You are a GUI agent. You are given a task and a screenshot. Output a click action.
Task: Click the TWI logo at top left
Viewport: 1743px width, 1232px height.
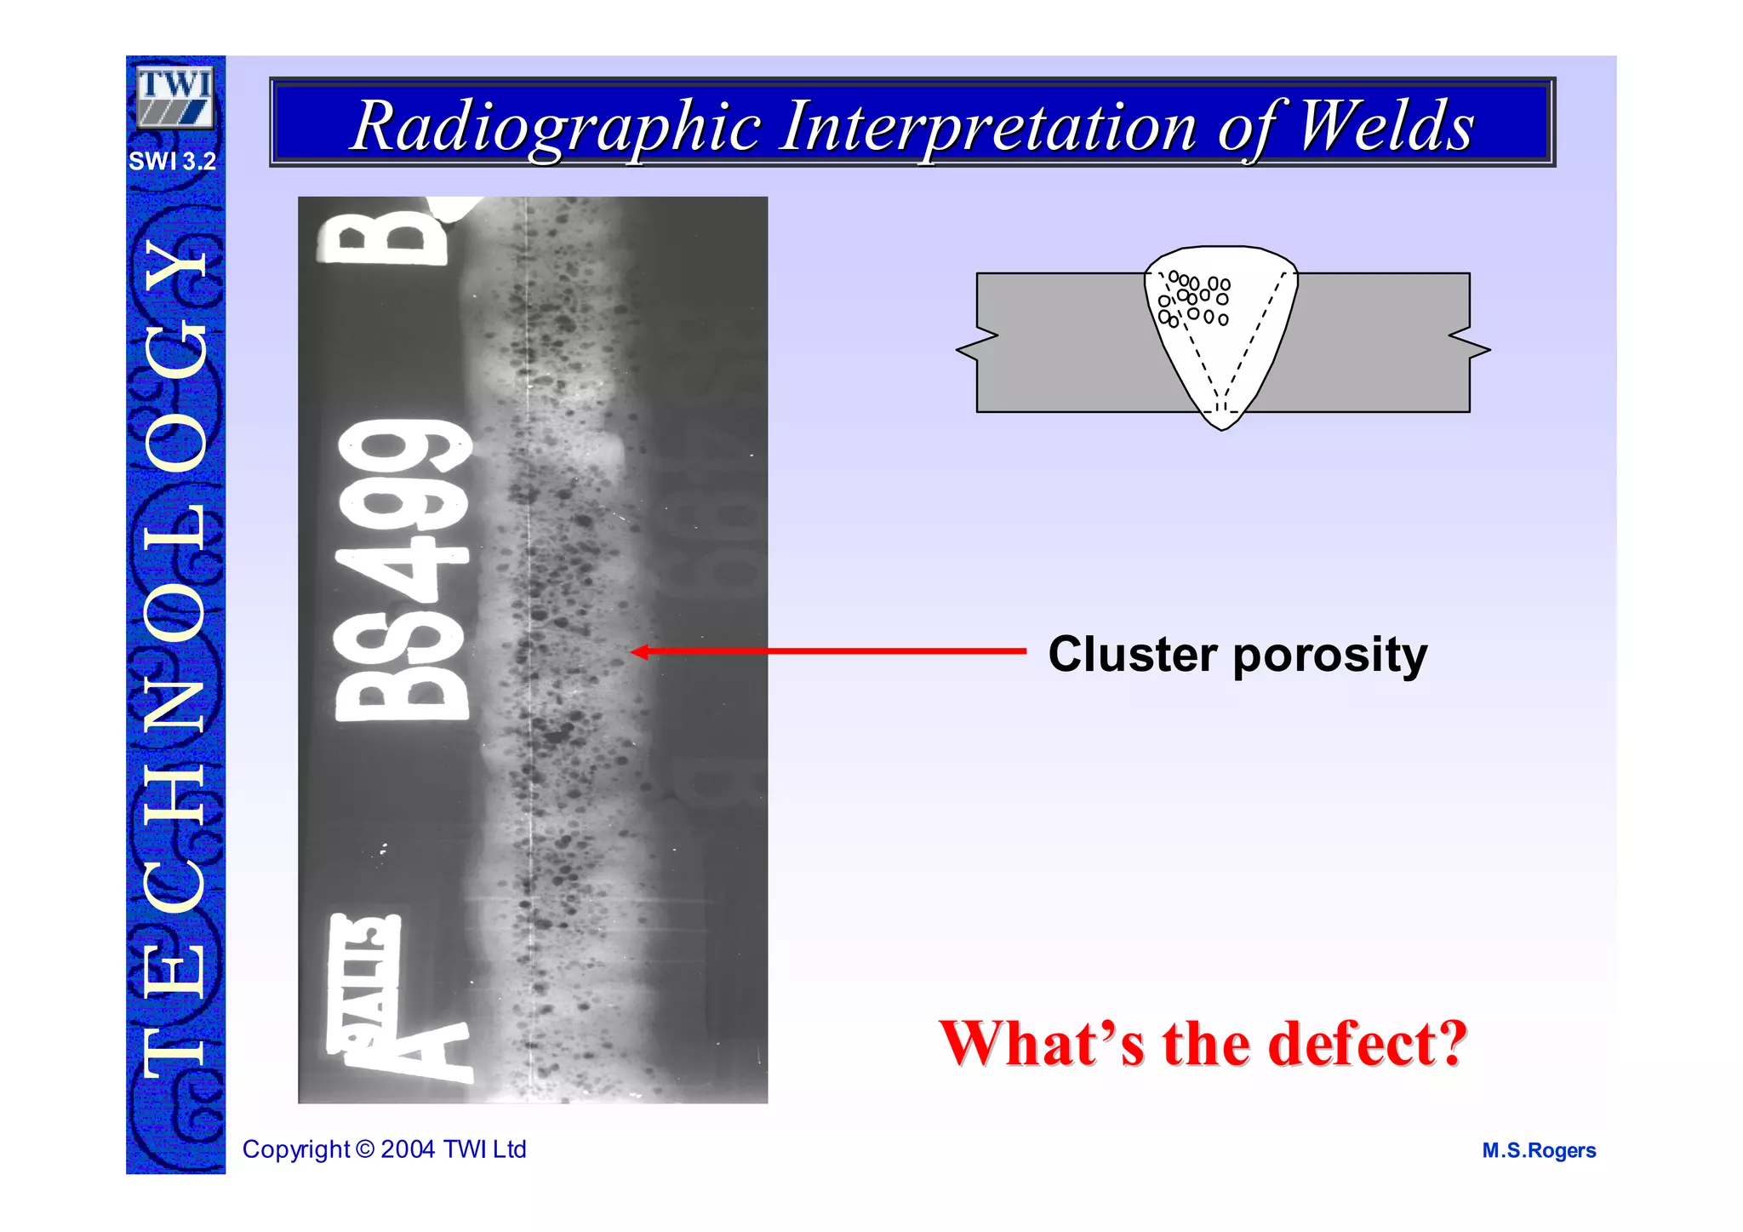174,98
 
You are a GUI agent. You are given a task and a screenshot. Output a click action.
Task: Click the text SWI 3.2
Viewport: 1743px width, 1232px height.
172,161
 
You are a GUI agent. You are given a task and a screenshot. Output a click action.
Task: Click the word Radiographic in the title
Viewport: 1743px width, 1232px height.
555,127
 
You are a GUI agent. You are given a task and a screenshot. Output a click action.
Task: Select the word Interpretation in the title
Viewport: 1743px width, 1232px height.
988,127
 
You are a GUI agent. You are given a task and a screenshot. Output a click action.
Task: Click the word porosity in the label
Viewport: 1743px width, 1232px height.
1329,656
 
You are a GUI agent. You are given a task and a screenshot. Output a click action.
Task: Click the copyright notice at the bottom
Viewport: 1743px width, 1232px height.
384,1149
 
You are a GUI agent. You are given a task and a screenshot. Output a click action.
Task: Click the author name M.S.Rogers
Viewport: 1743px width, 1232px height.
1539,1150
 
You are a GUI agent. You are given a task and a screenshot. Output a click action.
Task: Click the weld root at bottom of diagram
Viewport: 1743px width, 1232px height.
1222,417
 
